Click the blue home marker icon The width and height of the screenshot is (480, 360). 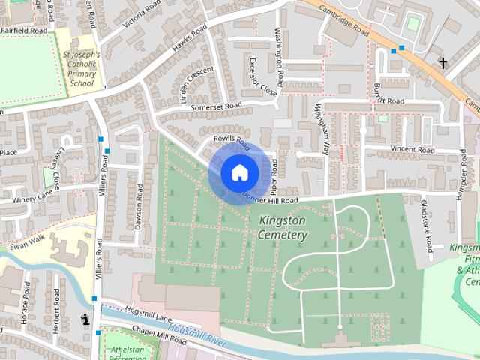click(239, 172)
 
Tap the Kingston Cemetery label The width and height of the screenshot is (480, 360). click(283, 228)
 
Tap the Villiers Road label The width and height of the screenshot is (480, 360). click(98, 259)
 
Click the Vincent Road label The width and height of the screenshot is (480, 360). click(412, 150)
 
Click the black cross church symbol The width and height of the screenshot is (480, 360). click(442, 63)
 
